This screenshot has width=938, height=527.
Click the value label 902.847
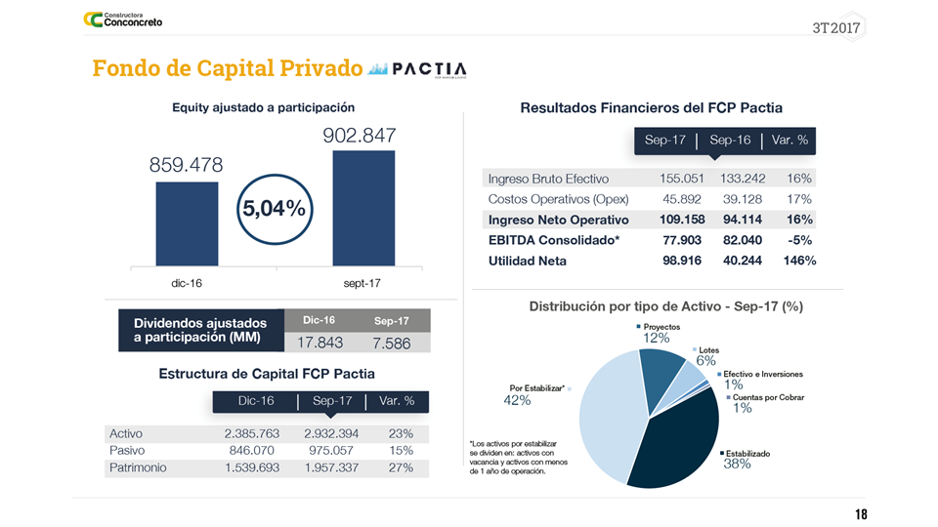359,136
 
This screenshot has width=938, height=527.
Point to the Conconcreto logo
123,20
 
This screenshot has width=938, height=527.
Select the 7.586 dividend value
391,343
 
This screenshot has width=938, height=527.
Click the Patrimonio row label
138,467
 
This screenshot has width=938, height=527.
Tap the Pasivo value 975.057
331,451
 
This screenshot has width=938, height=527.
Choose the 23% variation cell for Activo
401,433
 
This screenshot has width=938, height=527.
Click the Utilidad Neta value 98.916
682,261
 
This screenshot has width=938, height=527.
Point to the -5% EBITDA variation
798,240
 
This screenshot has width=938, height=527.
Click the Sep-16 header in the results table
730,141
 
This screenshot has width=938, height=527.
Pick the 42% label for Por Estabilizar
517,400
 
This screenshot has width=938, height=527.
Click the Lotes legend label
708,350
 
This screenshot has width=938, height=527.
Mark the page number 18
860,514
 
